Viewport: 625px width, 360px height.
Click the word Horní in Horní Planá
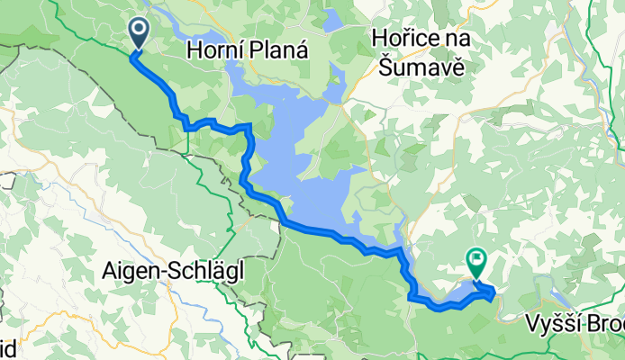coord(212,52)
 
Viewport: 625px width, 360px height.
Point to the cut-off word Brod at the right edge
coord(610,323)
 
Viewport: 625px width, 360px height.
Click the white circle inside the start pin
coord(140,30)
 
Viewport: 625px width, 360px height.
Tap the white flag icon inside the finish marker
coord(476,259)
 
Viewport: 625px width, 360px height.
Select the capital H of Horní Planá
coord(193,52)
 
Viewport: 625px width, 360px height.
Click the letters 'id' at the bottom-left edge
coord(6,346)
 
